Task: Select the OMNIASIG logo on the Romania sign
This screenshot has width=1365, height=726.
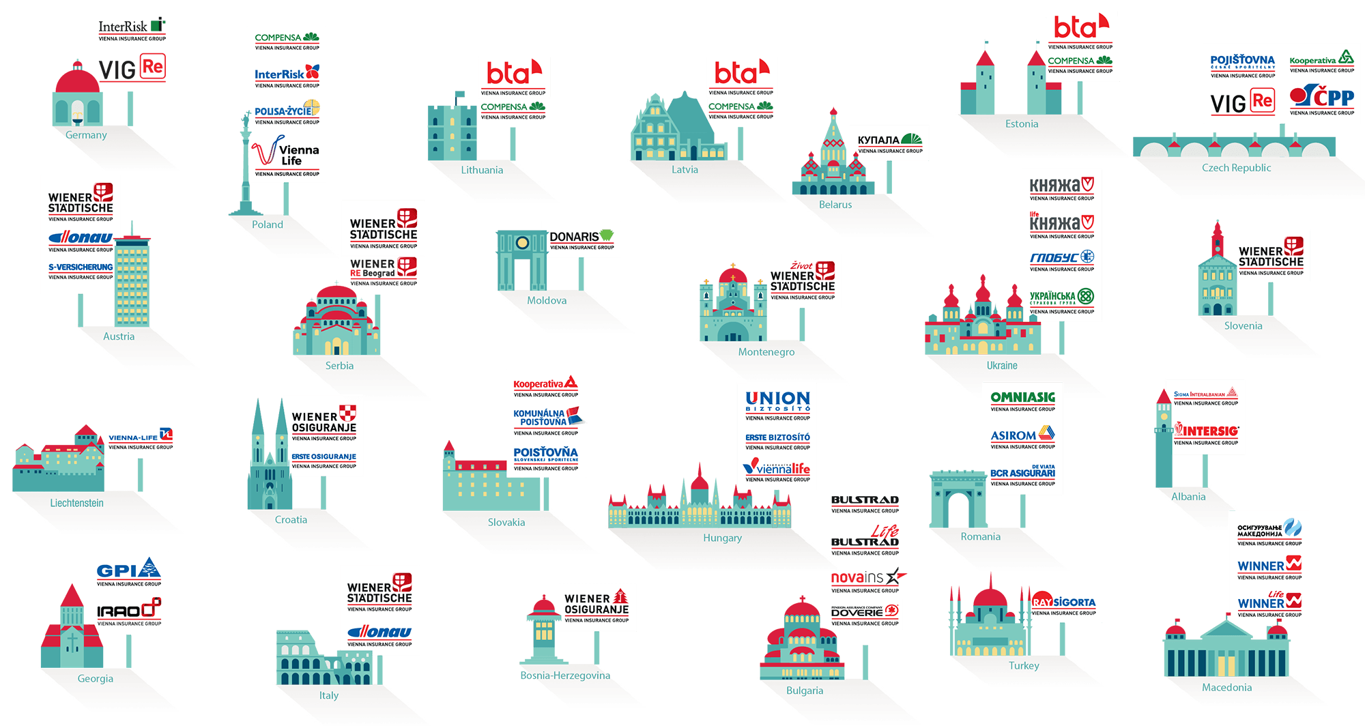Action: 1022,397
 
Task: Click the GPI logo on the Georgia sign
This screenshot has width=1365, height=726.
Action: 128,570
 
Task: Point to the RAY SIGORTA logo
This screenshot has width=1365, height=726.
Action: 1063,602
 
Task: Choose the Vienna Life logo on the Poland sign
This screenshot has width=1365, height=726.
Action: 287,153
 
